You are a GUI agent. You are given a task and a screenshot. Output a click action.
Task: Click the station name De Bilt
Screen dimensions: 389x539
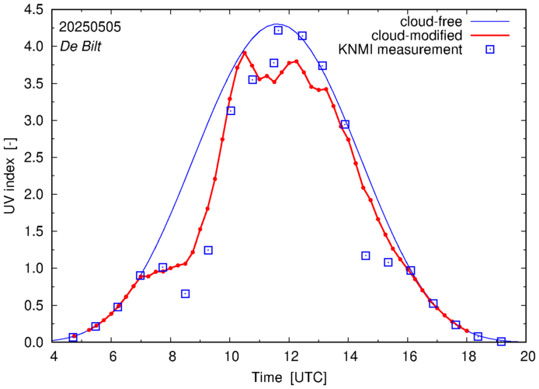pyautogui.click(x=81, y=46)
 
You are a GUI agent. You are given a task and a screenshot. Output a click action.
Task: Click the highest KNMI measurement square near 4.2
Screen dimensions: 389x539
pyautogui.click(x=278, y=30)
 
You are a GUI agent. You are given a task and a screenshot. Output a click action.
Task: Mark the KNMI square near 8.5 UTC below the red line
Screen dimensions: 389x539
pyautogui.click(x=185, y=293)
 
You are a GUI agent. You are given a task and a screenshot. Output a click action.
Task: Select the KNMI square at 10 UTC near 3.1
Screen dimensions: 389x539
pyautogui.click(x=231, y=111)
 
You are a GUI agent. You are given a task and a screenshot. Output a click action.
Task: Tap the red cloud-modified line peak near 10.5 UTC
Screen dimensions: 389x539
pyautogui.click(x=245, y=53)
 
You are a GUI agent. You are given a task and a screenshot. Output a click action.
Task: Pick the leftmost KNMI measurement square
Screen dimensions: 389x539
pyautogui.click(x=73, y=337)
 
